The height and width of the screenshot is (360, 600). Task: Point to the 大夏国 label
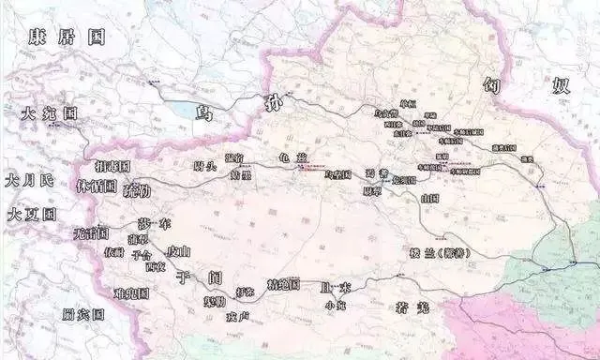(32, 214)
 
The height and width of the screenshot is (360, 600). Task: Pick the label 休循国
(97, 186)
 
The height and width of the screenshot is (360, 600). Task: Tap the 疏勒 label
(136, 190)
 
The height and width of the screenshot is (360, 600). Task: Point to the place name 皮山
(177, 251)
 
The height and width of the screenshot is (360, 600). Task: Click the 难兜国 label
(130, 294)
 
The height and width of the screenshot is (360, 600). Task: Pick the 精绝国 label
(281, 283)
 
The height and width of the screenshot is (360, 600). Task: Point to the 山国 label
(430, 199)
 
